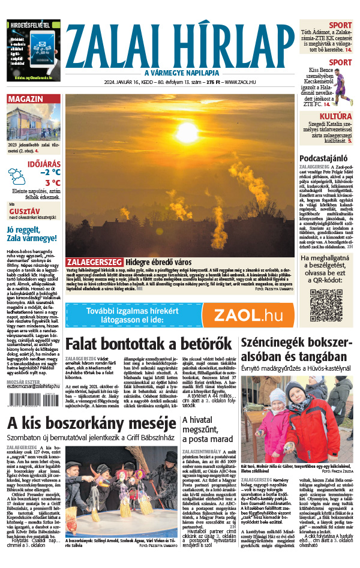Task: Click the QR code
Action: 326,305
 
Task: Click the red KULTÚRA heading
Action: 336,115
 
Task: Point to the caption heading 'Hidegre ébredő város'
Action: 160,262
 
